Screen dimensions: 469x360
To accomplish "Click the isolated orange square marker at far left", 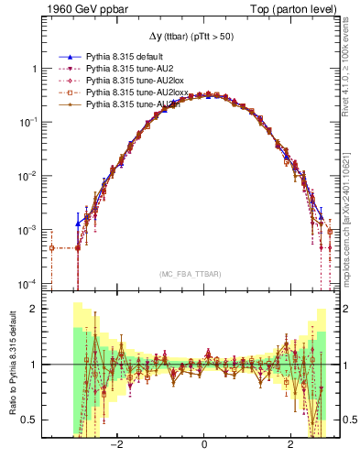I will [x=52, y=247].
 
